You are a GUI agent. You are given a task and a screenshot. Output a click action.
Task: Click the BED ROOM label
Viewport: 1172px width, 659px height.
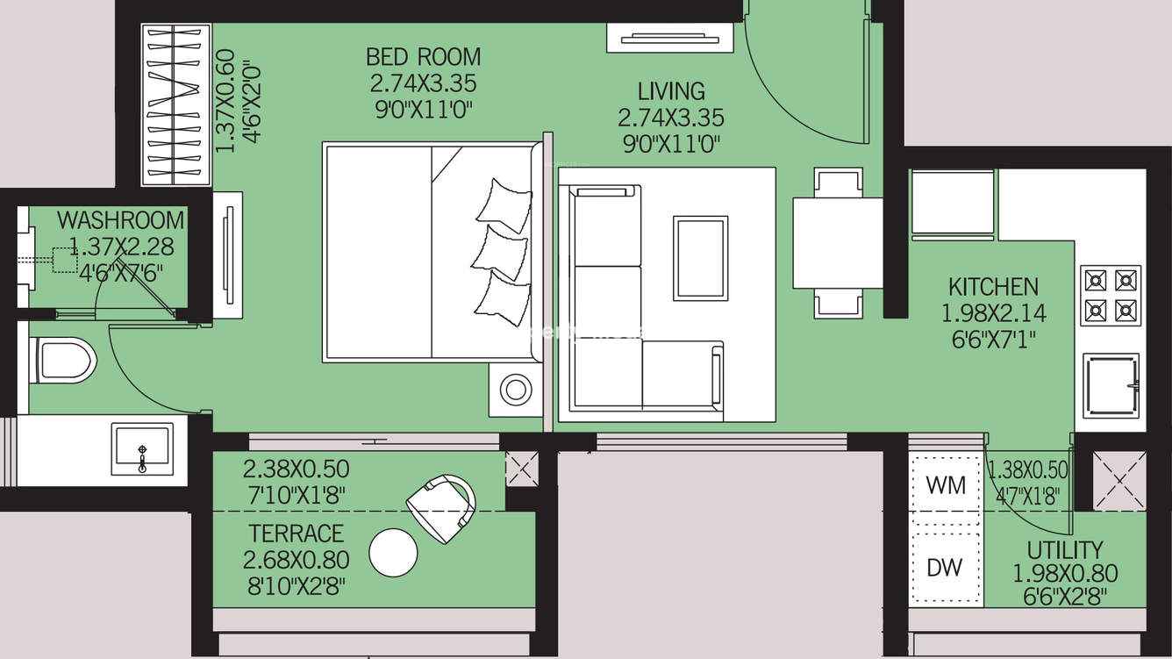(423, 56)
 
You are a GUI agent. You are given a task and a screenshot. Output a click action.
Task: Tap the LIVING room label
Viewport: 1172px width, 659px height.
(671, 91)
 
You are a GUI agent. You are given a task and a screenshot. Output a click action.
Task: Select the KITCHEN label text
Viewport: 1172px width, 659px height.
(993, 287)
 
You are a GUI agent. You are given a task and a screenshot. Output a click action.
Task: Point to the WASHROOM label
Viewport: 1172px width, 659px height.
(121, 220)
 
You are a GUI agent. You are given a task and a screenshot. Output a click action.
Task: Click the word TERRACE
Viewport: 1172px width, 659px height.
(297, 534)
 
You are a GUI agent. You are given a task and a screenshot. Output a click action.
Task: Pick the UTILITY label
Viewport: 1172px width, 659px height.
(1065, 550)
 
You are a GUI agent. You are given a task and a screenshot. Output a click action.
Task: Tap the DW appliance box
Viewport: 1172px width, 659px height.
(946, 568)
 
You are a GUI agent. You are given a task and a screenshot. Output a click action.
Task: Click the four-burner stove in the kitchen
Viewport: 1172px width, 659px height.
(1111, 296)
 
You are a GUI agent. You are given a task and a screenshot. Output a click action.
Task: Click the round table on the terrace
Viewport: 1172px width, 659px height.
(394, 553)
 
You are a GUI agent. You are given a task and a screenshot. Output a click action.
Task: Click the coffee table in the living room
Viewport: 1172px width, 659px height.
(701, 258)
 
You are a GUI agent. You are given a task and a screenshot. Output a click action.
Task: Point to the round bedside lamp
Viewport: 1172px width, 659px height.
(515, 389)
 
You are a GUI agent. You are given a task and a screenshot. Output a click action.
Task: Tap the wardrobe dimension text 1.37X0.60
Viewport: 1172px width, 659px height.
(225, 101)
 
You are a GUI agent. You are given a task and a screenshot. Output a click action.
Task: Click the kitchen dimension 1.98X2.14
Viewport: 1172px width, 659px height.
(994, 313)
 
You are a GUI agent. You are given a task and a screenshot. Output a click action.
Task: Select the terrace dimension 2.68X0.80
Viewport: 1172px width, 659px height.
(297, 560)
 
